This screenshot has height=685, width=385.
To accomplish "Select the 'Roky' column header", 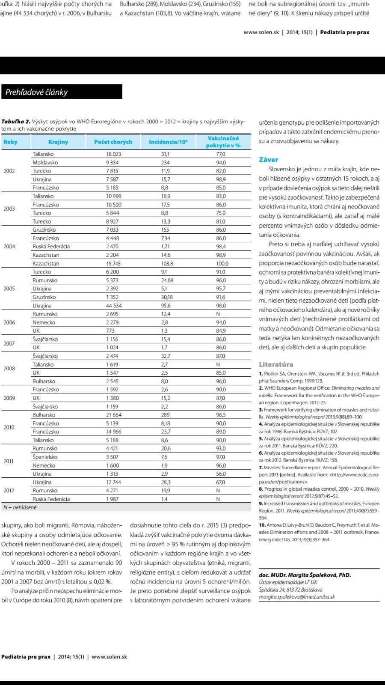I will click(11, 142).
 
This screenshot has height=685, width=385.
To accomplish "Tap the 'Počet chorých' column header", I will click(113, 142).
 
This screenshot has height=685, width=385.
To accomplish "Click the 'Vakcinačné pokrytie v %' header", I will click(223, 142).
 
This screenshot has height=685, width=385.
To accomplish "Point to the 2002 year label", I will click(9, 171).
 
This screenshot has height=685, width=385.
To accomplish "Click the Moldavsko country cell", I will click(45, 163).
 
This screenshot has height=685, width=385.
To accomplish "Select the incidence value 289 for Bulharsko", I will click(165, 415).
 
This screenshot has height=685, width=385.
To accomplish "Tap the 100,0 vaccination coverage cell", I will click(222, 264).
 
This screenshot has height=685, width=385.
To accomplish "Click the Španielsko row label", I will click(45, 457).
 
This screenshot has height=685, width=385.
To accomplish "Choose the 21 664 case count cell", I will click(113, 415).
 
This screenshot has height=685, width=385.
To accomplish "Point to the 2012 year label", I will click(9, 491).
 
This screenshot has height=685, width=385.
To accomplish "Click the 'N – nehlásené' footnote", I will click(20, 507).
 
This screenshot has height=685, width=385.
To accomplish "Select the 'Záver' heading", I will click(269, 160).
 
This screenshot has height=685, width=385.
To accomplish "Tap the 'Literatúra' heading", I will click(276, 364).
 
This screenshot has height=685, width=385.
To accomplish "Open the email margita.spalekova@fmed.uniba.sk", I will click(297, 597).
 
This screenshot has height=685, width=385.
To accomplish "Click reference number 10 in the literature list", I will click(262, 525).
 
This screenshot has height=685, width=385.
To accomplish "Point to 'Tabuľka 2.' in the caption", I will click(15, 122).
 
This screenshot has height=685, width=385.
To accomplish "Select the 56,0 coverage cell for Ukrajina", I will click(221, 474).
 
